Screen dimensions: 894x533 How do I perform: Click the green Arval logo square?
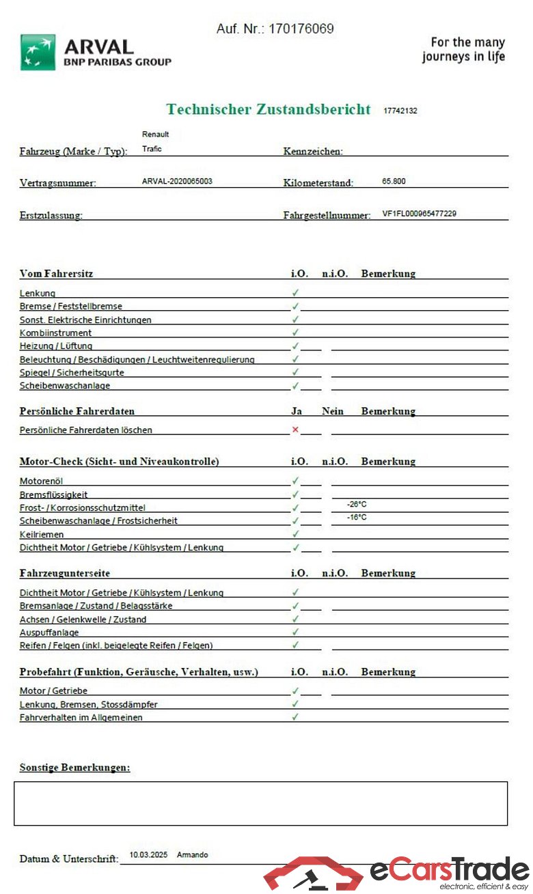pos(38,53)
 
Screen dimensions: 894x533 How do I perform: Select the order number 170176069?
pos(301,29)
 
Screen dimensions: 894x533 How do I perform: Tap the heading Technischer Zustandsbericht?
pos(268,109)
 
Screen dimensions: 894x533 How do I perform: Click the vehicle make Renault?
pos(155,135)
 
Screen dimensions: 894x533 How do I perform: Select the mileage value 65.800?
pos(394,182)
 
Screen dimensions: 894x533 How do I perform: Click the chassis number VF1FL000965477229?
pos(419,214)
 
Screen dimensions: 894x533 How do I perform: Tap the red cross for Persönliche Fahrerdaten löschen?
pos(295,430)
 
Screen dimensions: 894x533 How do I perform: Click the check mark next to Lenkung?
pos(295,292)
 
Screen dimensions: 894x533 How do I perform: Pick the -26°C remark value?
pos(357,504)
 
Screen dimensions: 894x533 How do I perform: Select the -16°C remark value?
pos(357,517)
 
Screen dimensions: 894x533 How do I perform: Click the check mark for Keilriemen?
pos(295,533)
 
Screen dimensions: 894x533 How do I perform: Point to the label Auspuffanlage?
pos(49,632)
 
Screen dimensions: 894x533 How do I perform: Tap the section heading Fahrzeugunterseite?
pos(65,573)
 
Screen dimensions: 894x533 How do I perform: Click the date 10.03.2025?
pos(148,854)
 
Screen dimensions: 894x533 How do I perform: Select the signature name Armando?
pos(192,854)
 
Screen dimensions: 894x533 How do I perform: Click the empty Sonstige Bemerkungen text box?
pos(260,803)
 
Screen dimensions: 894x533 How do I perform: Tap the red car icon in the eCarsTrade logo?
pos(313,874)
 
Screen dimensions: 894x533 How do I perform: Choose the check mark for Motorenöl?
pos(295,481)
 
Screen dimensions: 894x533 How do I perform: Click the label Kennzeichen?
pos(313,151)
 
